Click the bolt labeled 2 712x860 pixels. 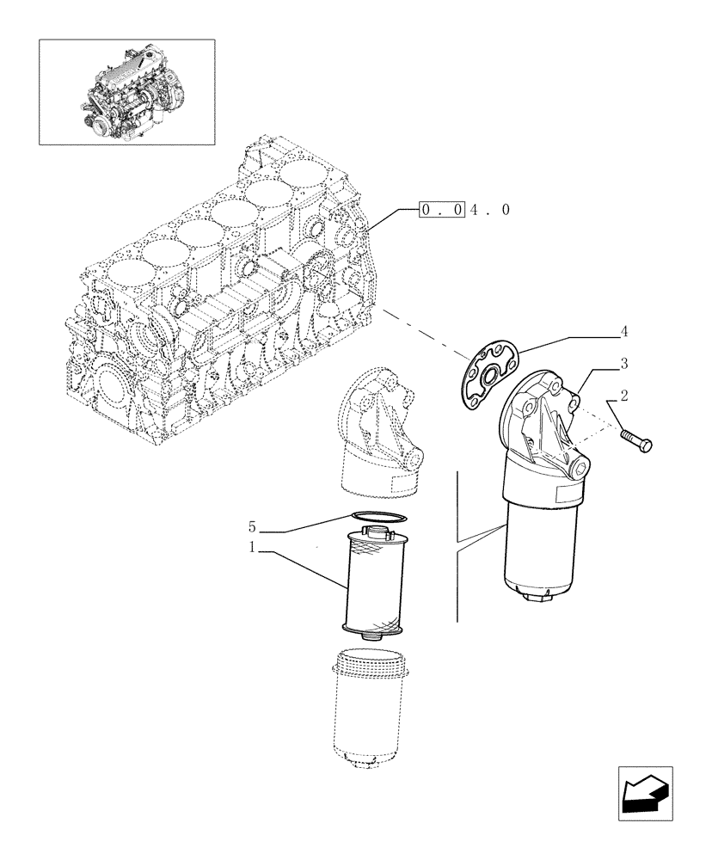(x=635, y=439)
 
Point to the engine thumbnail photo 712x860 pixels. (x=126, y=92)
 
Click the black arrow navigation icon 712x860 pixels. (x=644, y=792)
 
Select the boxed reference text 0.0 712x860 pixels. (x=442, y=209)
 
